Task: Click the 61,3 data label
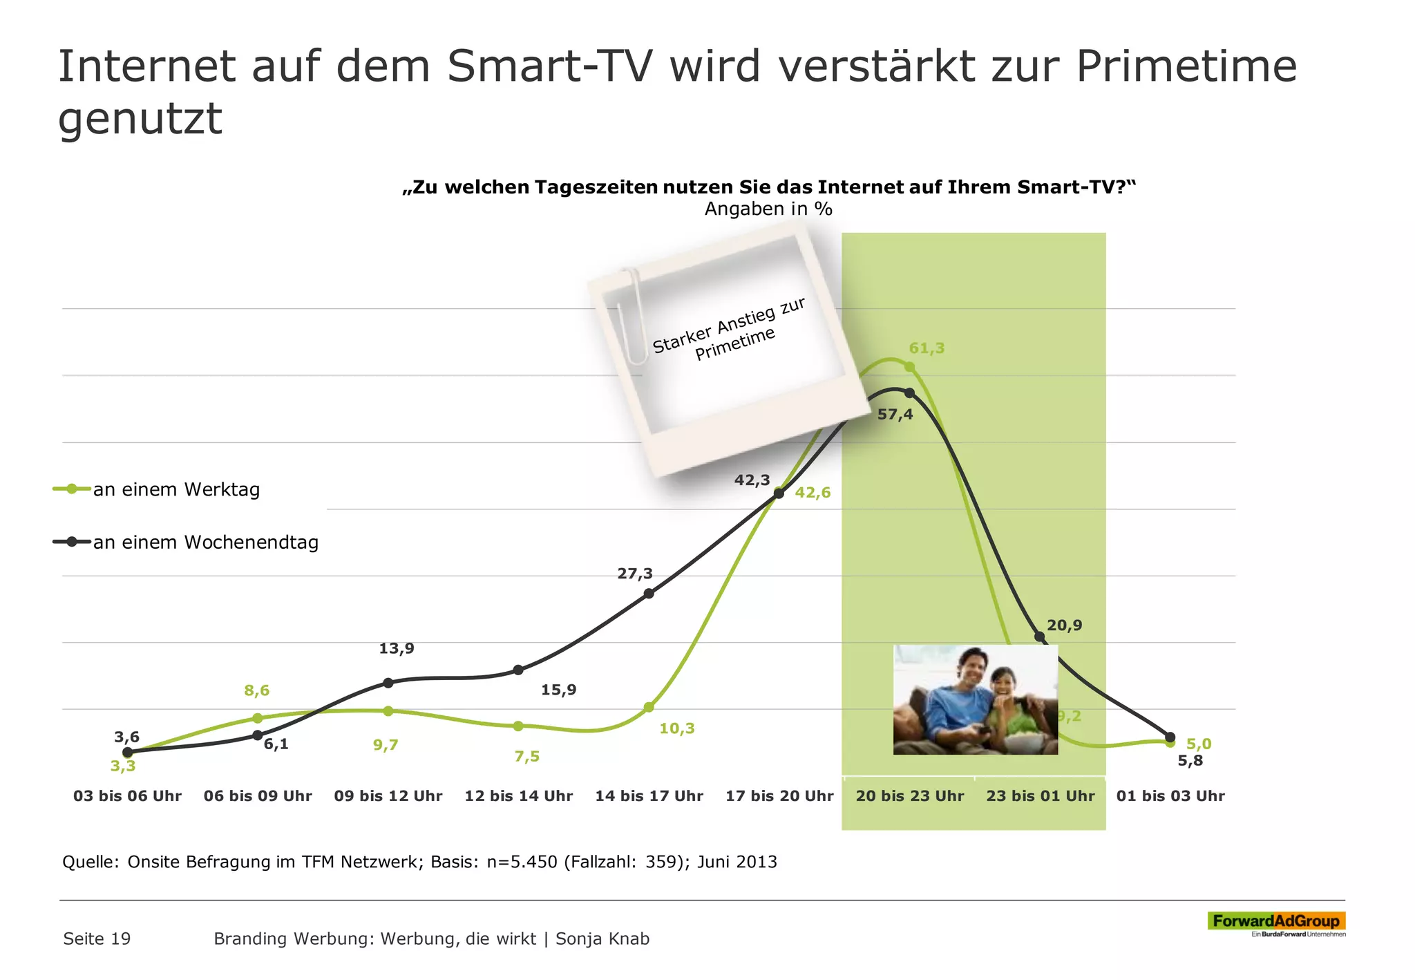[x=926, y=348]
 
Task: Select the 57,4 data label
[x=895, y=415]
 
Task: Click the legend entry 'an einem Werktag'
[x=176, y=490]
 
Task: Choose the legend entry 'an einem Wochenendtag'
[x=205, y=543]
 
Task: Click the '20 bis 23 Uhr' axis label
[x=909, y=796]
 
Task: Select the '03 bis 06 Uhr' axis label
[x=127, y=796]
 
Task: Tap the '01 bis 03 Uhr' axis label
[x=1170, y=796]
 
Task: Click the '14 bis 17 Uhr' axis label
[x=649, y=796]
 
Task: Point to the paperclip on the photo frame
[x=629, y=314]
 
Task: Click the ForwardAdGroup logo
[x=1275, y=921]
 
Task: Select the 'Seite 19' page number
[x=97, y=939]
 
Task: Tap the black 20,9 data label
[x=1064, y=626]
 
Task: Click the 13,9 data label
[x=397, y=649]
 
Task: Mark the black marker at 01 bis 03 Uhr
[x=1170, y=737]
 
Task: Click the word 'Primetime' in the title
[x=1186, y=67]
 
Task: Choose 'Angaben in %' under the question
[x=768, y=209]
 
